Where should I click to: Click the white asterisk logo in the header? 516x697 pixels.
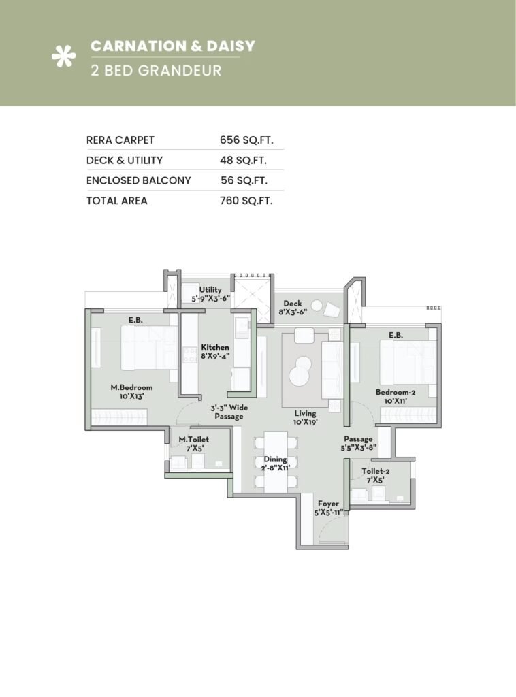pyautogui.click(x=63, y=58)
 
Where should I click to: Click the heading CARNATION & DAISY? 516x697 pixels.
pyautogui.click(x=173, y=46)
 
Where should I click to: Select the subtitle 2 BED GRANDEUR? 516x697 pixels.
pyautogui.click(x=156, y=70)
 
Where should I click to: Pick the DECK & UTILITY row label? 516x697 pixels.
pyautogui.click(x=125, y=161)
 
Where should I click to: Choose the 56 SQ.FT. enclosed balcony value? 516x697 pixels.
pyautogui.click(x=244, y=181)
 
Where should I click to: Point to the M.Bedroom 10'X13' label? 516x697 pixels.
pyautogui.click(x=127, y=391)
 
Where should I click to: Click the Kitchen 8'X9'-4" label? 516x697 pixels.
pyautogui.click(x=215, y=351)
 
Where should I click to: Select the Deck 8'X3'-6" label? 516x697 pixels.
pyautogui.click(x=293, y=307)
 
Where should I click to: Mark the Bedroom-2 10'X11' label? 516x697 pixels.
pyautogui.click(x=395, y=396)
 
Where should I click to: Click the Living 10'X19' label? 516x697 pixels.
pyautogui.click(x=305, y=417)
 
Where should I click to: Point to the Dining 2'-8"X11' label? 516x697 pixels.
pyautogui.click(x=276, y=464)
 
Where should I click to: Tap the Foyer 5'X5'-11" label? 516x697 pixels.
pyautogui.click(x=328, y=508)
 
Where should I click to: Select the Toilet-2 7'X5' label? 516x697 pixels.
pyautogui.click(x=373, y=475)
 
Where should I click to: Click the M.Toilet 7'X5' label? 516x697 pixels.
pyautogui.click(x=193, y=444)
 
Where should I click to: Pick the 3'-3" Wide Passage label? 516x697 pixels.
pyautogui.click(x=229, y=412)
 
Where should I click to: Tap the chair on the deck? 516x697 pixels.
pyautogui.click(x=332, y=310)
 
